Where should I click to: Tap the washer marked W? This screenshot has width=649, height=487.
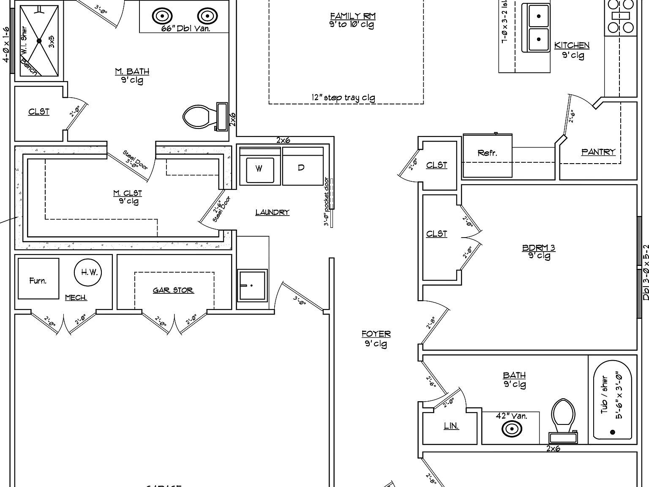(259, 168)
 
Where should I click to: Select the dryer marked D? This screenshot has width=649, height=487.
(301, 167)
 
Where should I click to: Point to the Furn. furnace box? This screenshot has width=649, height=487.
(38, 279)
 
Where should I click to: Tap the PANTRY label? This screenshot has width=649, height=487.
(598, 152)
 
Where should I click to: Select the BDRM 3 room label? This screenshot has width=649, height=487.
(539, 248)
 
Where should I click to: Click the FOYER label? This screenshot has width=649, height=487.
(376, 334)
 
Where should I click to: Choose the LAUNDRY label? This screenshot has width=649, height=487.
(272, 212)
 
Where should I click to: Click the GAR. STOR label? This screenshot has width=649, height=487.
(173, 290)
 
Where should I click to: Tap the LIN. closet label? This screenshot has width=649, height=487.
(451, 426)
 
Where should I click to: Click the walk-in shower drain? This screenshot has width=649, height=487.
(39, 41)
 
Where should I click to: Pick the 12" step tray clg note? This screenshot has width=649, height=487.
(343, 98)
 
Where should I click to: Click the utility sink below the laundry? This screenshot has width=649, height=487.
(252, 285)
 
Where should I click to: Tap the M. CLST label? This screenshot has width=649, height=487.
(128, 193)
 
